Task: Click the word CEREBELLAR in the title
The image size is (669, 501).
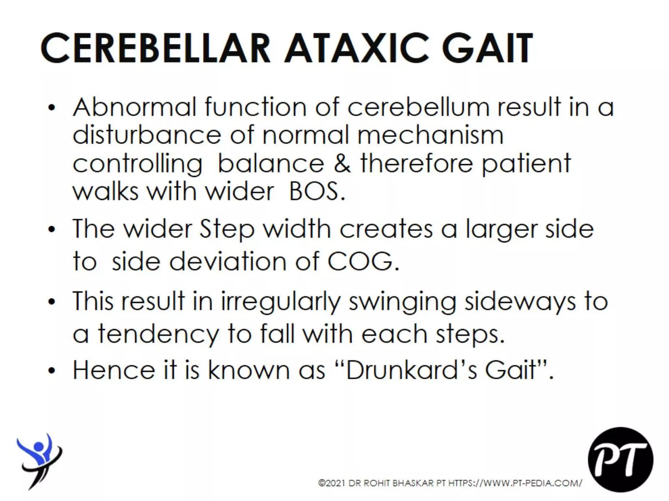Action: coord(155,48)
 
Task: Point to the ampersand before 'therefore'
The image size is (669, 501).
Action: coord(342,163)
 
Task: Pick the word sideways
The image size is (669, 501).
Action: coord(520,302)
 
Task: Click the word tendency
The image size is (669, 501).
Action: coord(158,335)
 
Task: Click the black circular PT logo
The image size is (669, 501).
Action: coord(620,460)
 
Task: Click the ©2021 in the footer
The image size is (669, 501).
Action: coord(332,483)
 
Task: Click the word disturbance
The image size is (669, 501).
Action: coord(147,135)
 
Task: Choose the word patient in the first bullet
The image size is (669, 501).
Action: coord(526,163)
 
